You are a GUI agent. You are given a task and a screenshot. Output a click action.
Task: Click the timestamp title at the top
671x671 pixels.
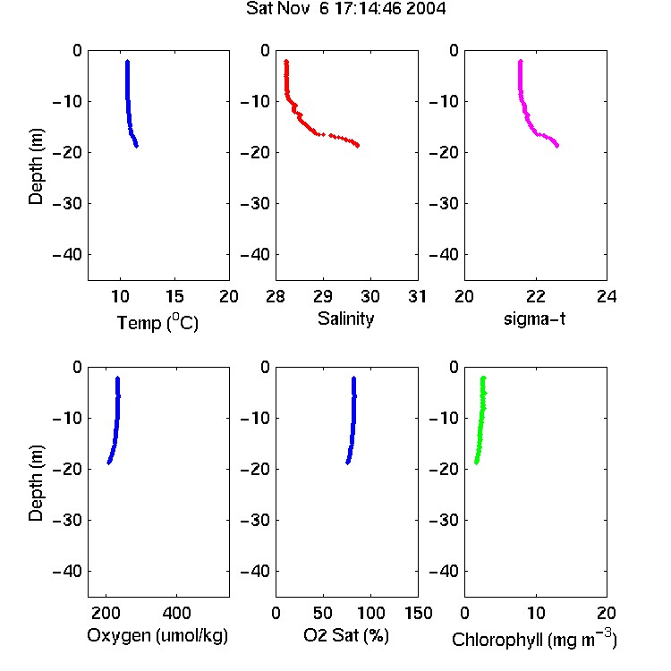coord(345,9)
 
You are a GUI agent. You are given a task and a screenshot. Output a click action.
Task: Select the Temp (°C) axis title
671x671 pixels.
coord(157,323)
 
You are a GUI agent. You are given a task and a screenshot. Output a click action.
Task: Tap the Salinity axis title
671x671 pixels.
coord(345,319)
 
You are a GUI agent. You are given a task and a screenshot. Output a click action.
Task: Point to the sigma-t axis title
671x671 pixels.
coord(534,319)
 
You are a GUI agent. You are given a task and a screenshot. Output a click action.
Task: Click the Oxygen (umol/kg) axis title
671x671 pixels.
coord(157,635)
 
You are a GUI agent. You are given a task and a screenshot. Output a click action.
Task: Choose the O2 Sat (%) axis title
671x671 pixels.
coord(345,635)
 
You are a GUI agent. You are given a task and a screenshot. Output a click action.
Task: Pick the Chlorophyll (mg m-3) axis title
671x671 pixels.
coord(534,639)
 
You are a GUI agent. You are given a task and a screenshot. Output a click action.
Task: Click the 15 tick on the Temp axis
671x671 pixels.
coord(174,296)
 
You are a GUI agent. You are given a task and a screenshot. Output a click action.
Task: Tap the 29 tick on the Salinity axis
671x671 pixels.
coord(323,296)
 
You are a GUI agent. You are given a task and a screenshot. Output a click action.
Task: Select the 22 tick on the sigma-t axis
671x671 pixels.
coord(535,296)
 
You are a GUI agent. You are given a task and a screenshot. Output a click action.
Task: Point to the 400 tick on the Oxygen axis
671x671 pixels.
coord(176,613)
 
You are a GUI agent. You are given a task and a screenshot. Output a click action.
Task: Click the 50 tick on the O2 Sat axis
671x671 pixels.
coord(323,613)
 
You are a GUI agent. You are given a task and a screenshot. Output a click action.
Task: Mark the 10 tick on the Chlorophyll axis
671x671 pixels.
coord(535,613)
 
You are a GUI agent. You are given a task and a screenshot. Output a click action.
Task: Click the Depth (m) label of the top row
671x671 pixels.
coord(36,166)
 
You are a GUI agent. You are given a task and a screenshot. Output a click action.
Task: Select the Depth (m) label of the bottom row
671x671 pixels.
coord(36,483)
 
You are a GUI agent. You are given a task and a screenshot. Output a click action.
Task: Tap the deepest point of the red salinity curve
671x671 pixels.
coord(358,146)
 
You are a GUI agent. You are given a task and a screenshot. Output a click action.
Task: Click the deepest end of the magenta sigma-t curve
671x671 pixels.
coord(557,146)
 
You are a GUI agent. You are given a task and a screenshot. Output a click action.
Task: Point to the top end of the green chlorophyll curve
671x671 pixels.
coord(483,378)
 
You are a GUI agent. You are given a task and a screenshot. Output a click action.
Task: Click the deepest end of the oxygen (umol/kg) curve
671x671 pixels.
coord(109,463)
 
